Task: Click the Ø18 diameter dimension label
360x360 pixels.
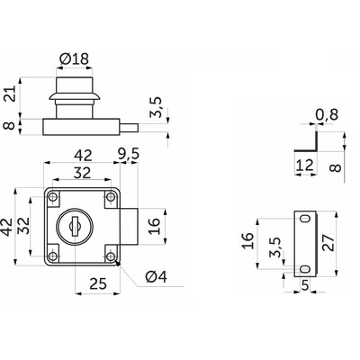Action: coord(75,59)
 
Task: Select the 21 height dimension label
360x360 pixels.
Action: coord(11,94)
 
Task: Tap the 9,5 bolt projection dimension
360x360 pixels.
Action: coord(129,155)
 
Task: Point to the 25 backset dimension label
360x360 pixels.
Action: coord(98,283)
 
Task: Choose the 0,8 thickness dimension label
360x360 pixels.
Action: coord(327,114)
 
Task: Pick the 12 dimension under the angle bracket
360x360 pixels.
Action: coord(305,165)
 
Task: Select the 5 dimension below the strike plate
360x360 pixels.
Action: coord(305,285)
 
